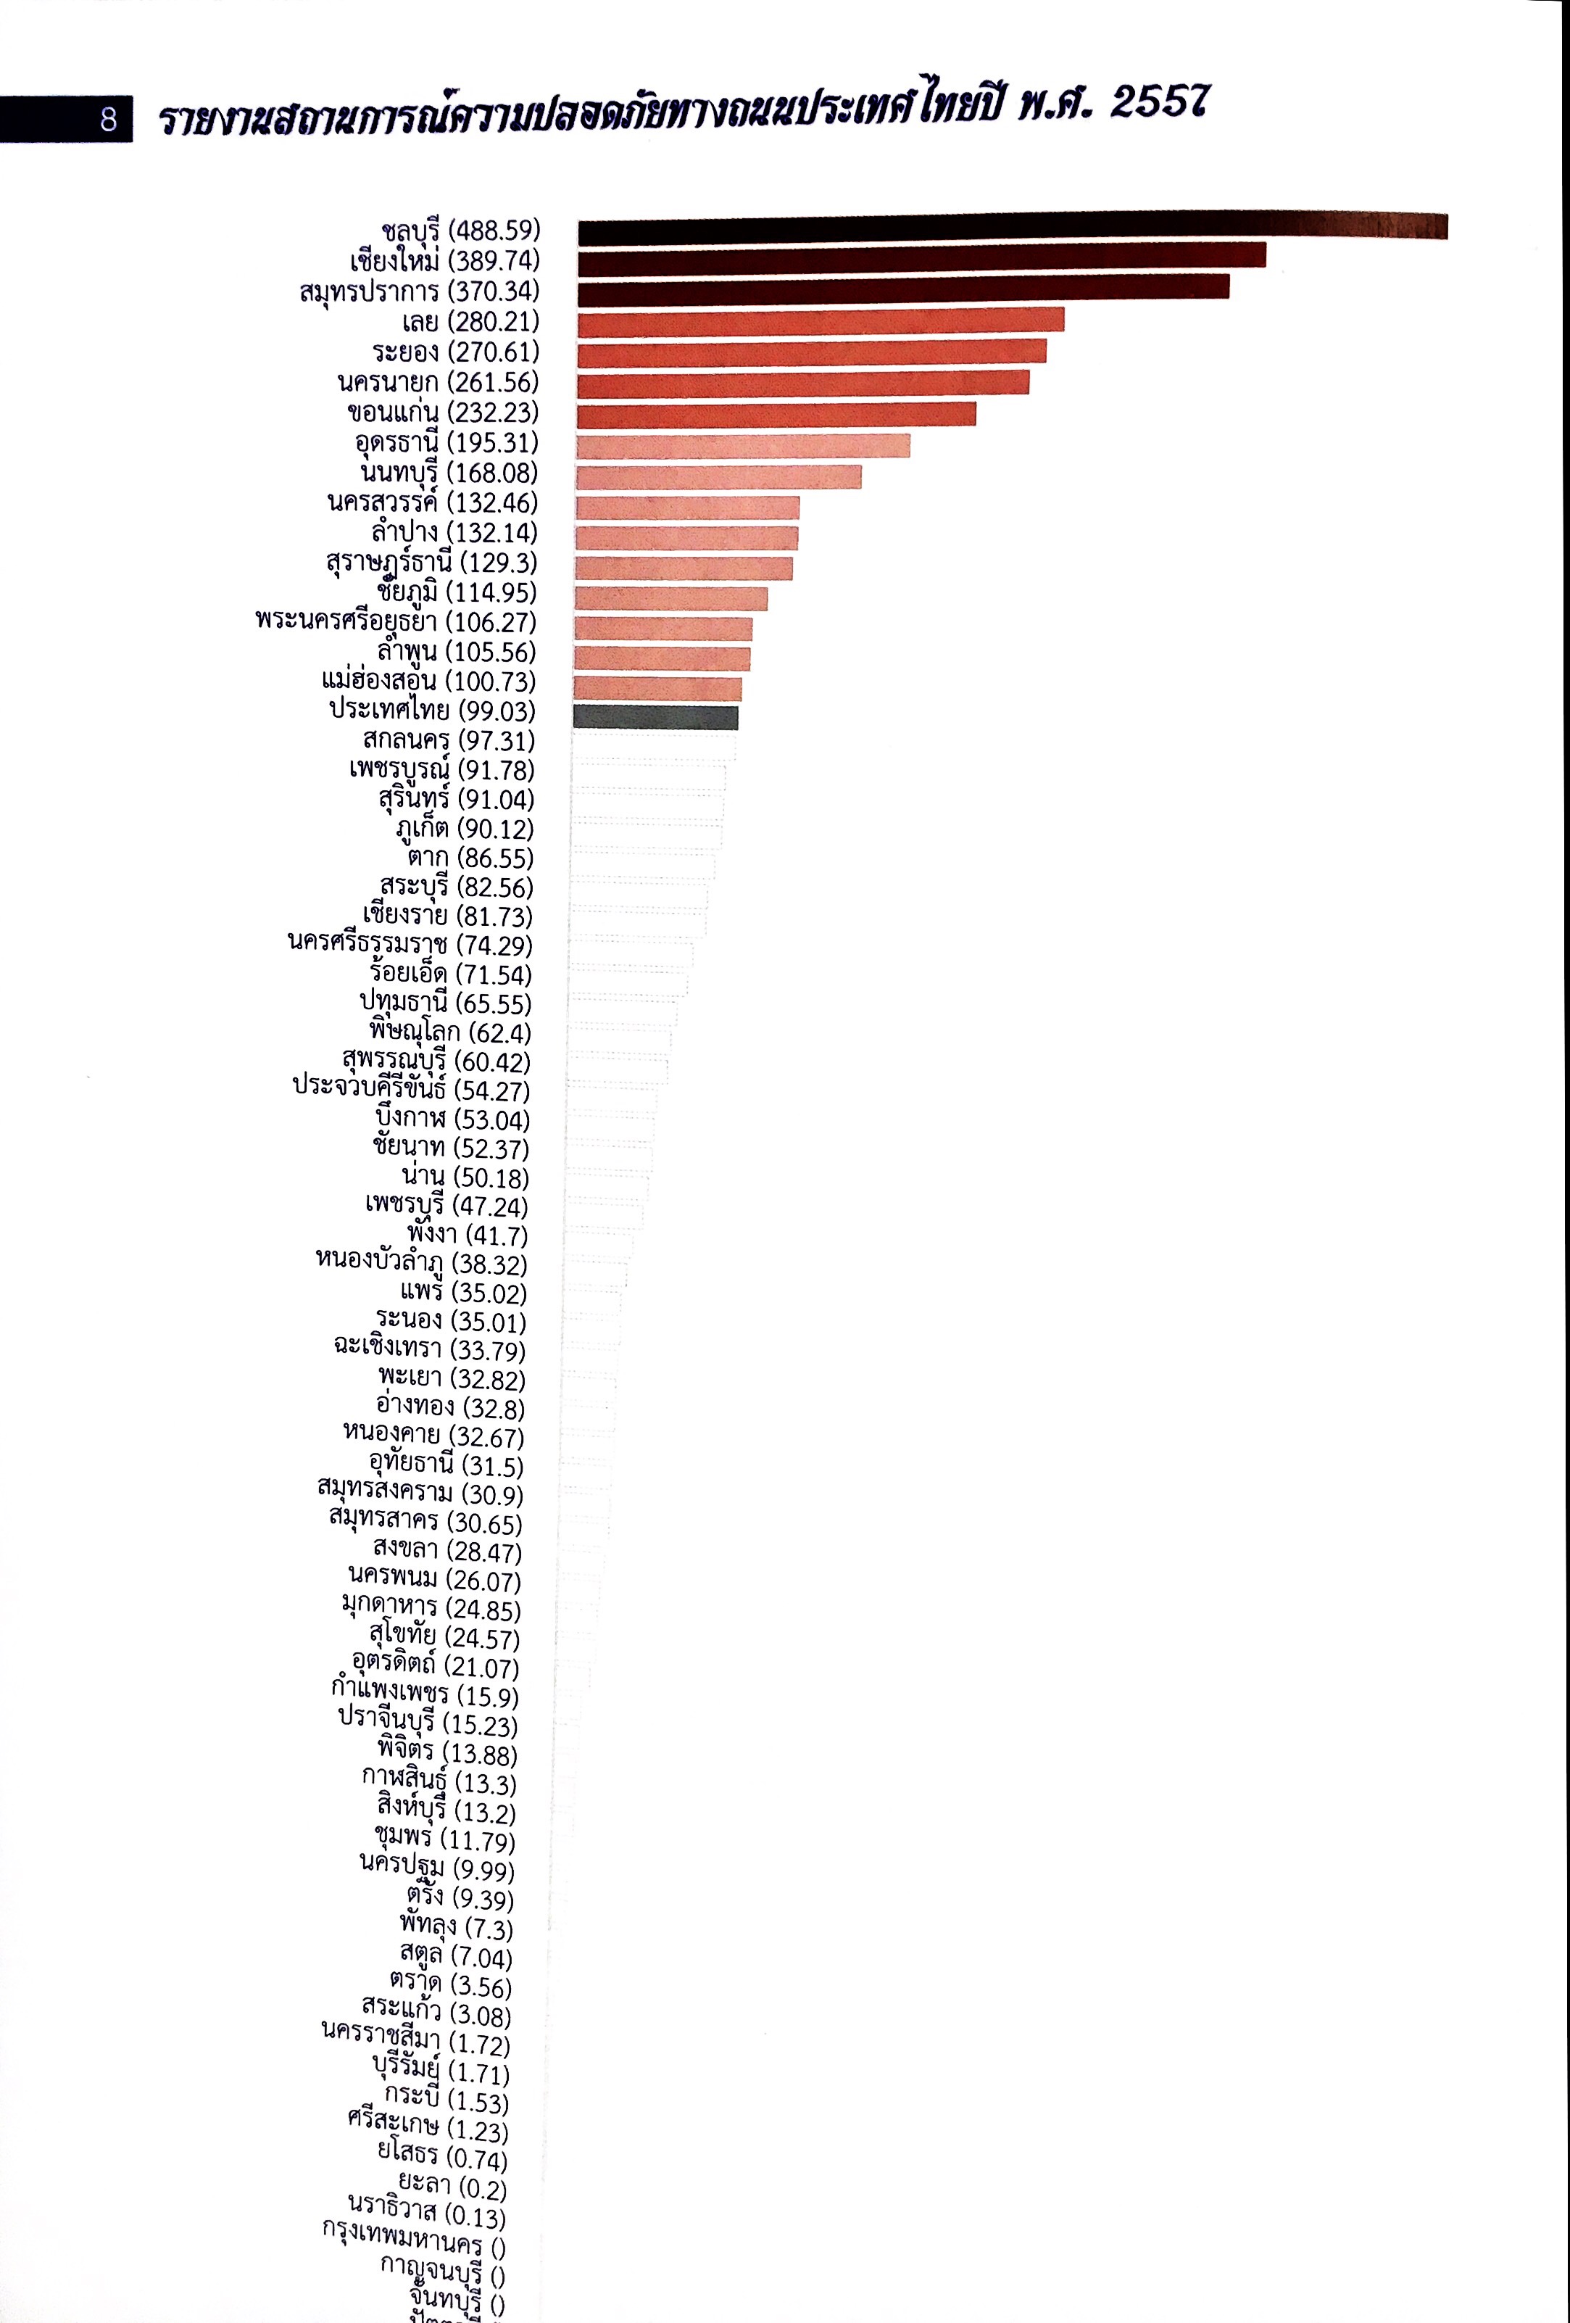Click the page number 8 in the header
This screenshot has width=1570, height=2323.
coord(108,120)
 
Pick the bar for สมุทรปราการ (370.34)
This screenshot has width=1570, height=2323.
coord(903,289)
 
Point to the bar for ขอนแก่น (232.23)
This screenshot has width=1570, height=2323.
coord(776,414)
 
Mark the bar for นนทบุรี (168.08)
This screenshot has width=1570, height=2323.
coord(718,477)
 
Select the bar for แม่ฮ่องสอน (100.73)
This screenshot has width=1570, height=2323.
coord(657,688)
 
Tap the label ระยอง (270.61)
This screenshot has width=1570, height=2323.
coord(456,352)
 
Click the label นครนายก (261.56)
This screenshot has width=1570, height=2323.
coord(438,382)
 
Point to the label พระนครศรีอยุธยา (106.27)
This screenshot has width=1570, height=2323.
coord(396,622)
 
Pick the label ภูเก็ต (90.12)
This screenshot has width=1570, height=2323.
coord(465,829)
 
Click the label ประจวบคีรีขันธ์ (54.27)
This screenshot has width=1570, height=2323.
coord(411,1090)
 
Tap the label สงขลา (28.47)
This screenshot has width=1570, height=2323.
coord(447,1552)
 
